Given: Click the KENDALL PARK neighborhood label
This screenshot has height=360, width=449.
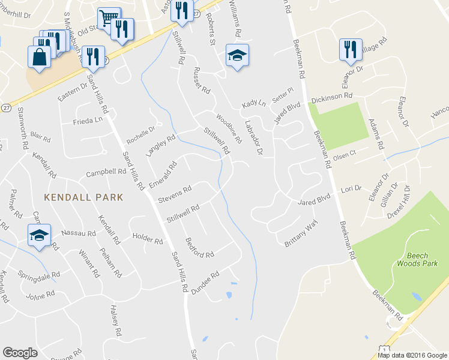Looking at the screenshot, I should pos(83,197).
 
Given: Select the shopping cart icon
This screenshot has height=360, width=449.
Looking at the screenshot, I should pos(109,18).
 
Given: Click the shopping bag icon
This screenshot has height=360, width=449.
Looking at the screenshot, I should pos(39,57).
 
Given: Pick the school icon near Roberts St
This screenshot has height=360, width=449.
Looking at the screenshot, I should pos(237,56).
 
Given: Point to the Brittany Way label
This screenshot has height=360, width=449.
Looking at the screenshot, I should pos(301,233).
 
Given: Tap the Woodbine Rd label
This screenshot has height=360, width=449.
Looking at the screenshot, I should pos(229,128).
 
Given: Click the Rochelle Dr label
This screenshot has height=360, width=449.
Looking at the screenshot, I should pos(140,134).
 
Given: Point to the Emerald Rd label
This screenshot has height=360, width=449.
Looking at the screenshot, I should pos(163,173).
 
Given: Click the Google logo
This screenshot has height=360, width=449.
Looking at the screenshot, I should pos(20,353).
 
